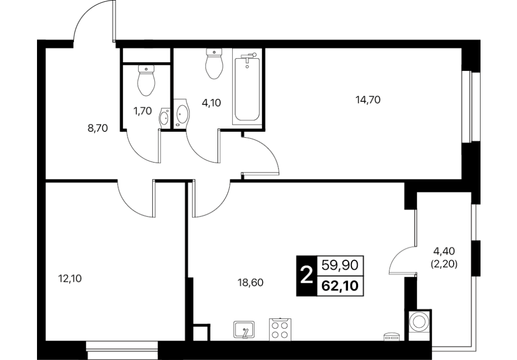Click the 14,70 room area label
click(367, 99)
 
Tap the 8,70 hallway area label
click(98, 128)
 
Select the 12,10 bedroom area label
click(69, 279)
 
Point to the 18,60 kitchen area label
click(251, 282)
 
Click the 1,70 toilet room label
click(142, 111)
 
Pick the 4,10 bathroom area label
click(211, 103)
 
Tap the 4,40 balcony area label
click(444, 251)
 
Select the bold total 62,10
click(340, 285)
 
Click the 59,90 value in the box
click(340, 265)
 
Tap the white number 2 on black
click(307, 276)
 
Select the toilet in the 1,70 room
click(146, 80)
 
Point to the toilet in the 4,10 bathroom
click(214, 63)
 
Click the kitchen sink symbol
click(244, 329)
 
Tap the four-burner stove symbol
click(280, 329)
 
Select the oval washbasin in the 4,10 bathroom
click(182, 113)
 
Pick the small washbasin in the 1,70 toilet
click(164, 117)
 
